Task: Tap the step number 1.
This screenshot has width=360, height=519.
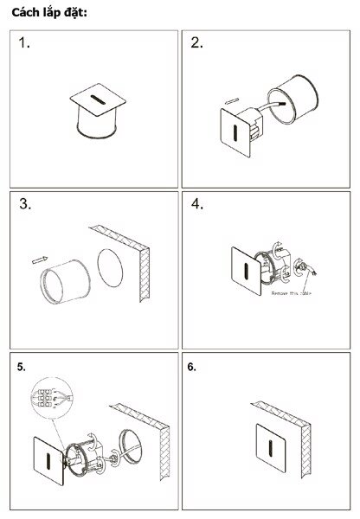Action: coord(24,44)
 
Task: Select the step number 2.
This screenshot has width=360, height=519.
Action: coord(196,43)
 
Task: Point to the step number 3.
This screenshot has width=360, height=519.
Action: coord(25,205)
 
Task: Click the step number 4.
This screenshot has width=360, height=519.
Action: coord(196,205)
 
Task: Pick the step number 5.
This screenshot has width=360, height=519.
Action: coord(21,367)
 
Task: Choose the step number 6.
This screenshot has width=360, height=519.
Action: coord(192,367)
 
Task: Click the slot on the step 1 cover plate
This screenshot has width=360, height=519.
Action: coord(97,102)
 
